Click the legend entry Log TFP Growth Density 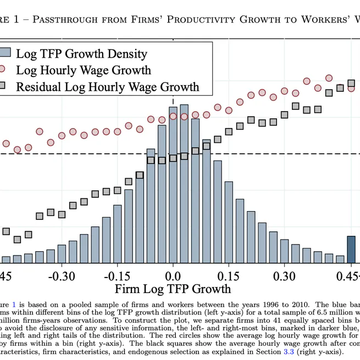(x=81, y=53)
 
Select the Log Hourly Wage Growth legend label (x=84, y=70)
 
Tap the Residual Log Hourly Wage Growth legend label (x=107, y=86)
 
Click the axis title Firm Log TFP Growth (x=173, y=289)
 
